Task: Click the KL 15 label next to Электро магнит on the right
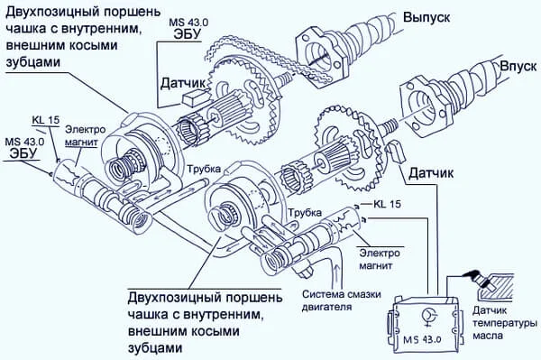[385, 205]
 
